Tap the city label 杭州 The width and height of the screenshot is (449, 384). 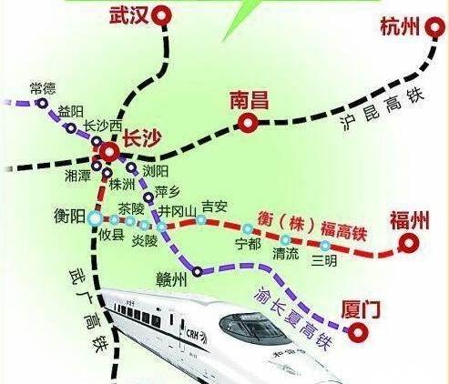point(398,27)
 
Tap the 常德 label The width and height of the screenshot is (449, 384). point(17,87)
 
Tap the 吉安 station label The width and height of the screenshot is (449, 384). point(213,207)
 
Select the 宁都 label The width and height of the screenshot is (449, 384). point(248,244)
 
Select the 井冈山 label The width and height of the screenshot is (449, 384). point(177,211)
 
